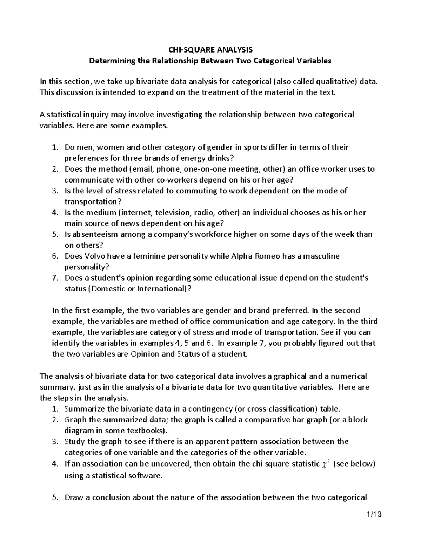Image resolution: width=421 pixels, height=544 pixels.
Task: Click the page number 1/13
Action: (x=374, y=515)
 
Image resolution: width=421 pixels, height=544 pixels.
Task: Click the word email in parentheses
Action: (x=143, y=169)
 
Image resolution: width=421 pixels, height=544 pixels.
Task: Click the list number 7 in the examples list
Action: (x=54, y=278)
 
